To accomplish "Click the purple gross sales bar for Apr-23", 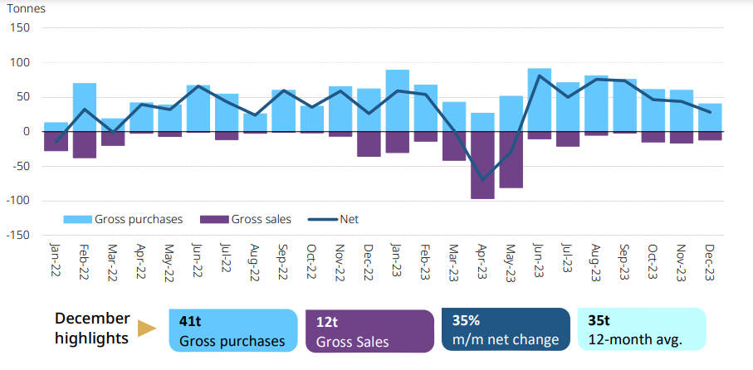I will [482, 165].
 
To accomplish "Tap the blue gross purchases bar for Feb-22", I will [85, 107].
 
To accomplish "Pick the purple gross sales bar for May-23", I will [511, 159].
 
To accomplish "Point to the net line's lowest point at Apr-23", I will [482, 179].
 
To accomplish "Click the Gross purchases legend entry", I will [124, 220].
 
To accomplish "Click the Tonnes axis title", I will [27, 9].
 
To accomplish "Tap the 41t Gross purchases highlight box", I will [232, 329].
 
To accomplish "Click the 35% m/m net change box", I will [505, 329].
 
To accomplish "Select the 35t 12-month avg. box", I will [641, 329].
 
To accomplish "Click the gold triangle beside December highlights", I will [147, 329].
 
